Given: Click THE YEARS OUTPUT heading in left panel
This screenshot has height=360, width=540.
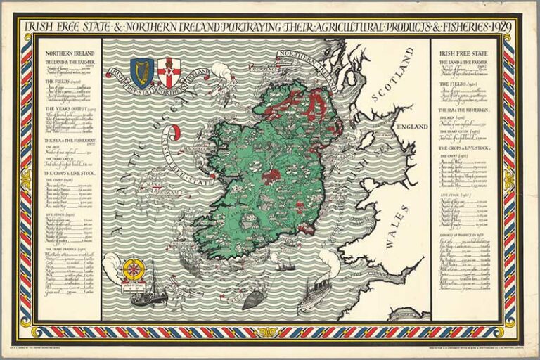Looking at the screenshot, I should click(x=68, y=109).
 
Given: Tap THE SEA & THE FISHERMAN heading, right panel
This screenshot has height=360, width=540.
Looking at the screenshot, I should click(x=464, y=110).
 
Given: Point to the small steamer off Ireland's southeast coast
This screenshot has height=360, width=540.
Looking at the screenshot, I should click(x=286, y=265).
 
